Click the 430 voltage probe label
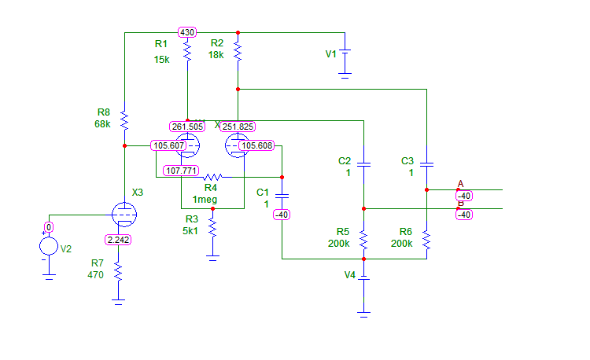pyautogui.click(x=187, y=32)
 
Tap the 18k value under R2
pyautogui.click(x=216, y=55)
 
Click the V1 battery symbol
pyautogui.click(x=345, y=60)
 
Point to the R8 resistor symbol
pyautogui.click(x=124, y=119)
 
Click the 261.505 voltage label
pyautogui.click(x=187, y=127)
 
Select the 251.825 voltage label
pyautogui.click(x=238, y=127)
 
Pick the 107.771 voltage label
pyautogui.click(x=182, y=170)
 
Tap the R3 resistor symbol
pyautogui.click(x=212, y=227)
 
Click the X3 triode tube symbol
pyautogui.click(x=124, y=214)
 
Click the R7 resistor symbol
pyautogui.click(x=118, y=270)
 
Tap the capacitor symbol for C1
pyautogui.click(x=282, y=193)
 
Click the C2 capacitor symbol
pyautogui.click(x=363, y=165)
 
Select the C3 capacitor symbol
pyautogui.click(x=426, y=165)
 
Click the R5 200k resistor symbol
pyautogui.click(x=363, y=238)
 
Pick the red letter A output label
pyautogui.click(x=460, y=184)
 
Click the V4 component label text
pyautogui.click(x=350, y=275)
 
